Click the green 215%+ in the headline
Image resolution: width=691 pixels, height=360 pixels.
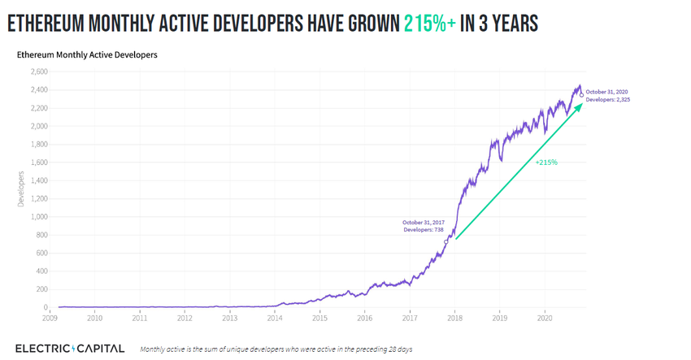pyautogui.click(x=429, y=24)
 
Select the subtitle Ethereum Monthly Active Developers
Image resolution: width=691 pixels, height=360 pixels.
pyautogui.click(x=87, y=55)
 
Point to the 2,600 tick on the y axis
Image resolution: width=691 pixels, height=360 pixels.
pyautogui.click(x=39, y=72)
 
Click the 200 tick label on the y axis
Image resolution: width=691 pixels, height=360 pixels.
pyautogui.click(x=41, y=289)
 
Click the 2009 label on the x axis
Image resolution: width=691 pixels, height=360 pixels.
pyautogui.click(x=50, y=318)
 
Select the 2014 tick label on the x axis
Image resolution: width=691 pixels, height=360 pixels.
pyautogui.click(x=275, y=318)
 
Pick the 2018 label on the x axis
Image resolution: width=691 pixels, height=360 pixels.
pyautogui.click(x=454, y=318)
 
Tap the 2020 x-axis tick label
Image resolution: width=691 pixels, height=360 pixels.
pyautogui.click(x=545, y=318)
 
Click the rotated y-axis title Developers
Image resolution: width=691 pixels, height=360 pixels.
pyautogui.click(x=21, y=189)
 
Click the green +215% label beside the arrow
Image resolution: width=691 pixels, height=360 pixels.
pyautogui.click(x=545, y=163)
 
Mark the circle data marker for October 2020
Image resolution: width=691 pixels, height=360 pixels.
pyautogui.click(x=581, y=93)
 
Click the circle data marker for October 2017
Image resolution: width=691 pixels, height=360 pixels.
pyautogui.click(x=445, y=241)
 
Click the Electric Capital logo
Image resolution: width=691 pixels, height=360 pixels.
pyautogui.click(x=70, y=349)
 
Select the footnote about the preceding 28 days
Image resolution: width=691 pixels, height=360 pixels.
pyautogui.click(x=276, y=349)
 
